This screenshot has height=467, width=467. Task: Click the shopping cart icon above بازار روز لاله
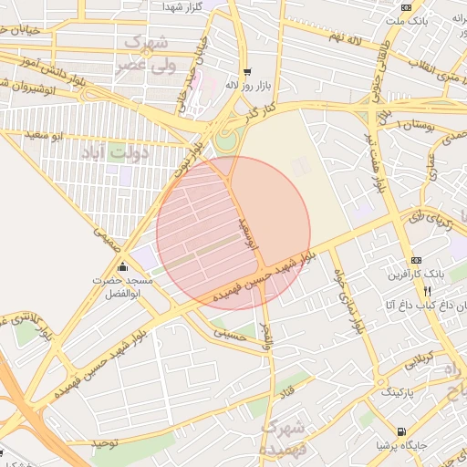(246, 71)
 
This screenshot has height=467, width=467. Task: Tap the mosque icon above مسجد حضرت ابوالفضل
(123, 266)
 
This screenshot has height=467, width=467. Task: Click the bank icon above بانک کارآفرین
(417, 260)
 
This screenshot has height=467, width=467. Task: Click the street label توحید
(106, 442)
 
